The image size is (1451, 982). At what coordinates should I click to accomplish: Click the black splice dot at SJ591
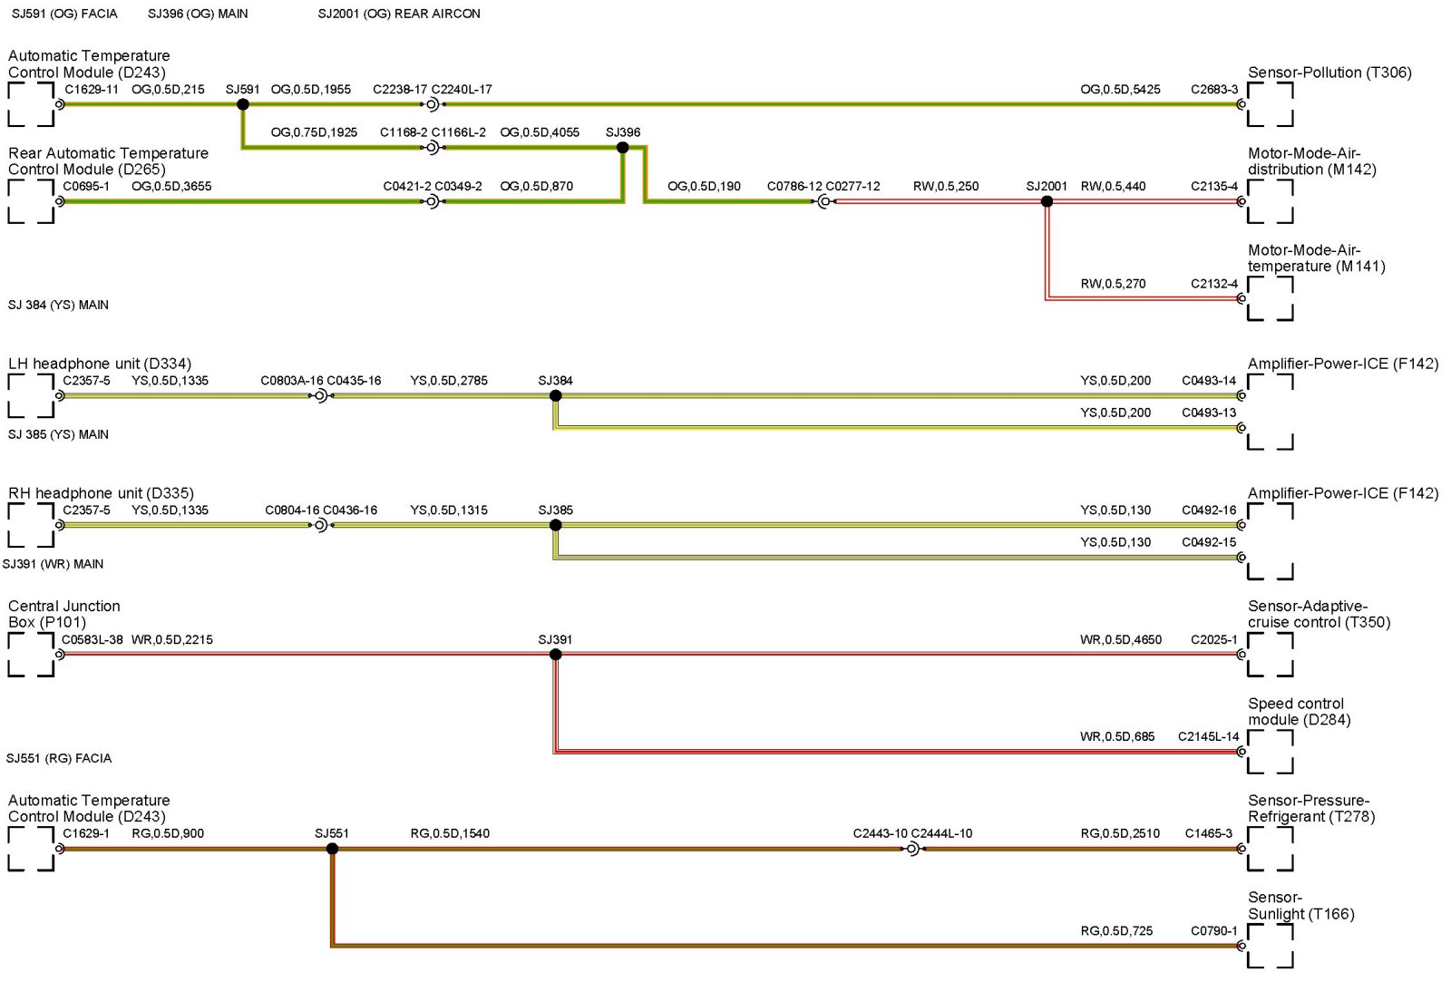(243, 104)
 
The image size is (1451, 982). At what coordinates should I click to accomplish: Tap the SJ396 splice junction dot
(622, 147)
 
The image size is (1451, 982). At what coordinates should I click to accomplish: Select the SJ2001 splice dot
(1047, 201)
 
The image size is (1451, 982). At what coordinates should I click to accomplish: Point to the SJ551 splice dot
(332, 849)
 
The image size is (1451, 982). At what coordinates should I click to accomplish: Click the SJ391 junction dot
(555, 655)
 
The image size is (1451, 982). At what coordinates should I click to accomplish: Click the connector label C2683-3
(1214, 90)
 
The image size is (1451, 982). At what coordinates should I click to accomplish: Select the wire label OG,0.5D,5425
(1120, 90)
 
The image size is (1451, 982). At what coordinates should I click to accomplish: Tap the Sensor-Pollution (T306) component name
(1329, 73)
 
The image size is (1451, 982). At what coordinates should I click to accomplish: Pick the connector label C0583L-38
(93, 640)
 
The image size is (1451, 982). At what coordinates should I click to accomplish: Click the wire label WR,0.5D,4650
(1120, 640)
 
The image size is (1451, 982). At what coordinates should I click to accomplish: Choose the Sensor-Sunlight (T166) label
(1300, 906)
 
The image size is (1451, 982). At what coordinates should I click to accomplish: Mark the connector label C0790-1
(1214, 931)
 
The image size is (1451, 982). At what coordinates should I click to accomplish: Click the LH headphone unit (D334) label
(100, 364)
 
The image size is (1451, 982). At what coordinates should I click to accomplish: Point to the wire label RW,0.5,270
(1113, 284)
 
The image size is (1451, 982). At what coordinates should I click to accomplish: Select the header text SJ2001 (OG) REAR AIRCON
(399, 14)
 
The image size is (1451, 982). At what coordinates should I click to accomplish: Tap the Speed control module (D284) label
(1299, 712)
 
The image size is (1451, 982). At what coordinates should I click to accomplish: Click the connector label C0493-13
(1209, 413)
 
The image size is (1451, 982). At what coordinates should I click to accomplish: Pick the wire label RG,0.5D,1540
(450, 834)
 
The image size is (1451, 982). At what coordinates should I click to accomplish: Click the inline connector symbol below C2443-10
(912, 849)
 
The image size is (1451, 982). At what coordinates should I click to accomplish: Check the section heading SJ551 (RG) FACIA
(59, 758)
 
